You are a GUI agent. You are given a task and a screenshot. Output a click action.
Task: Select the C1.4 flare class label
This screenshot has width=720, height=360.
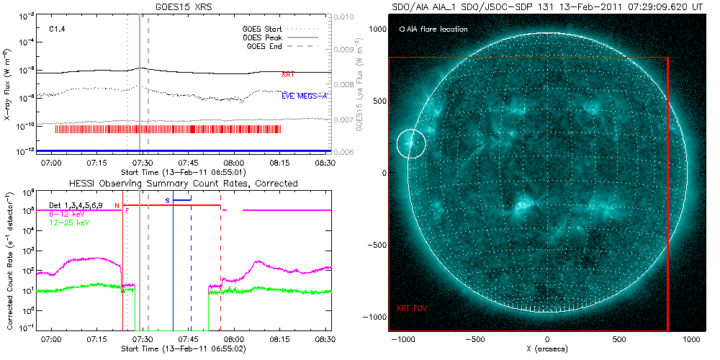58,30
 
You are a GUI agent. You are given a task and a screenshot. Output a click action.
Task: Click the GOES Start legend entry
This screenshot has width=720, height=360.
264,30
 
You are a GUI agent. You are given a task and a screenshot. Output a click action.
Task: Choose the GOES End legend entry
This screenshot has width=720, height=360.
266,46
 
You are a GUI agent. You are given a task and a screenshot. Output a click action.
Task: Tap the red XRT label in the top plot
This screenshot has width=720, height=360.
287,74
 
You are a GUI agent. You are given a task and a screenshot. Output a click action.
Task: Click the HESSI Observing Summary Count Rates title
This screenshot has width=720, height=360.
183,184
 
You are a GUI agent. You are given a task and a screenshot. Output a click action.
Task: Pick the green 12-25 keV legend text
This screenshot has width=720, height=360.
71,223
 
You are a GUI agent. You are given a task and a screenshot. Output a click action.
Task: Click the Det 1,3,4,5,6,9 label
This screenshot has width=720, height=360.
80,205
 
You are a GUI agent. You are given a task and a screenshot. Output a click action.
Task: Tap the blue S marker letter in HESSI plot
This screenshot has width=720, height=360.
167,199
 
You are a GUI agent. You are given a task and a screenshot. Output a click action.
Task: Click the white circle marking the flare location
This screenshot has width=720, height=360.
411,144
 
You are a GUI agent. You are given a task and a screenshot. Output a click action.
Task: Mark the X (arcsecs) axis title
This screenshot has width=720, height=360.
547,348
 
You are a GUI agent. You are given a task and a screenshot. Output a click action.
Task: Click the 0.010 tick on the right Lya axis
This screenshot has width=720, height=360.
346,15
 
